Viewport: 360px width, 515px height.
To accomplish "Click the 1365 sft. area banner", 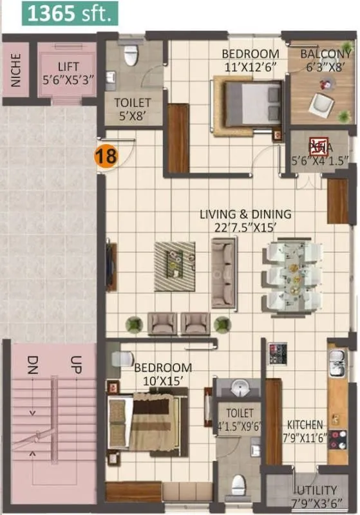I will click(x=69, y=13).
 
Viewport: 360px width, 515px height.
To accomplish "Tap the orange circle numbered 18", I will click(x=106, y=156).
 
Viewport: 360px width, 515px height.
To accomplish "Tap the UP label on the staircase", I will click(x=75, y=364).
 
